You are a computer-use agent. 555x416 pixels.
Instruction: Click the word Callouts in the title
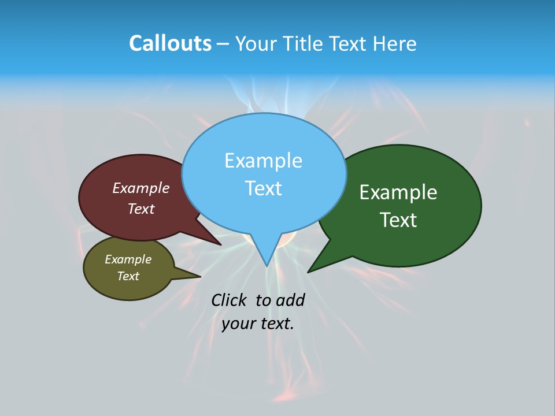click(x=170, y=43)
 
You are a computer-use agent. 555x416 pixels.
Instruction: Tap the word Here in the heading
click(x=395, y=43)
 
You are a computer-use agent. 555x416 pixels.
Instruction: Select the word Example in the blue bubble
click(x=263, y=161)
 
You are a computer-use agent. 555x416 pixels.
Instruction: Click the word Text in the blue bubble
click(x=263, y=188)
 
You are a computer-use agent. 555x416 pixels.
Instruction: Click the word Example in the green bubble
click(x=398, y=192)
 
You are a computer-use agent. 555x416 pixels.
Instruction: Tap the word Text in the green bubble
click(x=398, y=220)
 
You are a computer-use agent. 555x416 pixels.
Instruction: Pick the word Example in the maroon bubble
click(x=141, y=188)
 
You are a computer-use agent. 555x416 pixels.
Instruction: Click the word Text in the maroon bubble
click(x=141, y=209)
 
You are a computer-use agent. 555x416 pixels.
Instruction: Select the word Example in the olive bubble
click(x=128, y=259)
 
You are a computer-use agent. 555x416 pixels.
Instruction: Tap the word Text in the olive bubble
click(x=128, y=276)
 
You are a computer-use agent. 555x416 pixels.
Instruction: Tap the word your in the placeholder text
click(x=237, y=324)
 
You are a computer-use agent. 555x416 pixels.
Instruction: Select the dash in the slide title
click(x=223, y=44)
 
